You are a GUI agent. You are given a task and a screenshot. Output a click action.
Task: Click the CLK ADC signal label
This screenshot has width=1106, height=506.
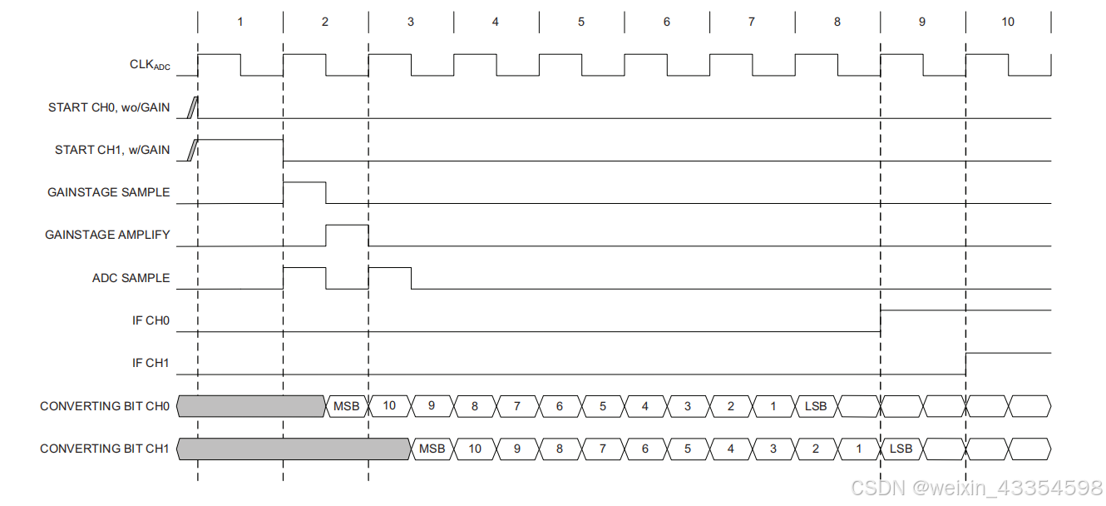(x=150, y=65)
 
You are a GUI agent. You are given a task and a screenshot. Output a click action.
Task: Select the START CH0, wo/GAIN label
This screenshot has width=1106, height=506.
(x=109, y=107)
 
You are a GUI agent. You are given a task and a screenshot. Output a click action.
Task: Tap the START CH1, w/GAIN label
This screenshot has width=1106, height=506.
(x=112, y=150)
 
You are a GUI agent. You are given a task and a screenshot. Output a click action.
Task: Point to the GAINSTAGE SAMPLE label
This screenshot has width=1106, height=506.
(x=108, y=192)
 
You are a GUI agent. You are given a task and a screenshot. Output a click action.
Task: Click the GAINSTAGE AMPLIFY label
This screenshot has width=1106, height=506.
(x=107, y=235)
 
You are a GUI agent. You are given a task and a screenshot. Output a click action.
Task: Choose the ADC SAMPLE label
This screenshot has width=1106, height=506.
(x=131, y=278)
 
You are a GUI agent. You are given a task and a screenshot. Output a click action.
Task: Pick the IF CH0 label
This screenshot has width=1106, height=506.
(x=151, y=320)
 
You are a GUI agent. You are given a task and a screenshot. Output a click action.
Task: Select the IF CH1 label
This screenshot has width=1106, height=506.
(x=151, y=363)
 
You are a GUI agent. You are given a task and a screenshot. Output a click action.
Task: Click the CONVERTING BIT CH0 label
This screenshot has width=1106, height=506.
(x=105, y=406)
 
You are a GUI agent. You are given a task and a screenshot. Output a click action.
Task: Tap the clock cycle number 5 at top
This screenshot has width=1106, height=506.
(x=581, y=22)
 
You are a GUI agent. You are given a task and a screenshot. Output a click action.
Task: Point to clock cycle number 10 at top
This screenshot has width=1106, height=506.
(x=1008, y=22)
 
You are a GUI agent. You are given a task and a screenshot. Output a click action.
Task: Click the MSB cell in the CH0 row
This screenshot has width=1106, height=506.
(x=346, y=406)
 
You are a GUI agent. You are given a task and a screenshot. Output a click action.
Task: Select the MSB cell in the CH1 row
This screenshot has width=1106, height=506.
(x=432, y=449)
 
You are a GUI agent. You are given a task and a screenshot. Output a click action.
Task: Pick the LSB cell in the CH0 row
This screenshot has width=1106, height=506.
(x=816, y=406)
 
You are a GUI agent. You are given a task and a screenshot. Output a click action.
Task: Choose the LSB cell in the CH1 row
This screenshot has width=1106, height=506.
(x=901, y=449)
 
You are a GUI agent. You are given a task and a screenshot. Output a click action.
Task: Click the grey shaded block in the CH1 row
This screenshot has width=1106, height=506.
(x=294, y=449)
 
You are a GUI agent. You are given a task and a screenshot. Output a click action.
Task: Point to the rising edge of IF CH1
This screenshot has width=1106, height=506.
(x=966, y=363)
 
